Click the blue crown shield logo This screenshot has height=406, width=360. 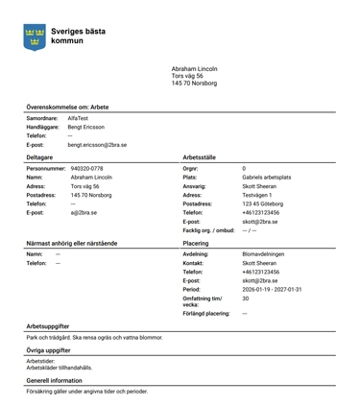click(36, 37)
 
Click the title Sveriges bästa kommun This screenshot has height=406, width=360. click(78, 36)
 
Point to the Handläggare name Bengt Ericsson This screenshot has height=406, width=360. click(87, 127)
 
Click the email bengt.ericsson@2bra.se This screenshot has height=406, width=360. click(97, 145)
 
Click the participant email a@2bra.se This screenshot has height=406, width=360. click(84, 212)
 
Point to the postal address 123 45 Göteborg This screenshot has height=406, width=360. click(263, 203)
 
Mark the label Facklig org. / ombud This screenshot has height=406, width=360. click(208, 230)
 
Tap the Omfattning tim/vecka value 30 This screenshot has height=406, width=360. click(245, 299)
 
